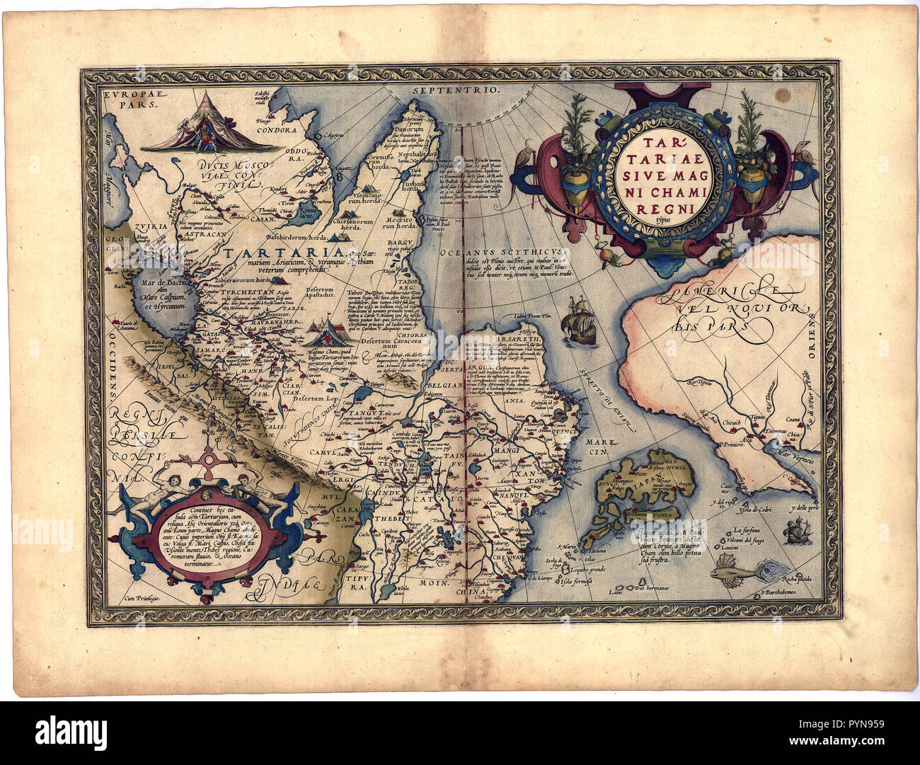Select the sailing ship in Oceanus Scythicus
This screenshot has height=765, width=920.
(579, 322)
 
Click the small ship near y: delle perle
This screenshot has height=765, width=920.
(796, 529)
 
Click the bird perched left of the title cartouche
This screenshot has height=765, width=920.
(543, 153)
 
